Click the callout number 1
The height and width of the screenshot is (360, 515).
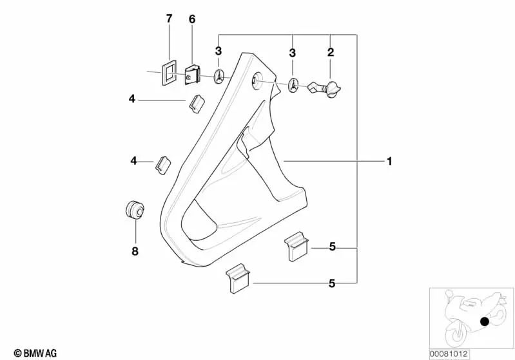point(389,161)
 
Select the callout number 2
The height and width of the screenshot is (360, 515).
point(331,51)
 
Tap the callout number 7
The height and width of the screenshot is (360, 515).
point(170,19)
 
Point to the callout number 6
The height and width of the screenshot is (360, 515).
point(191,19)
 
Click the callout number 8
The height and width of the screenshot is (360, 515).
point(135,251)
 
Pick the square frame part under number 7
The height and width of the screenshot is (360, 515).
point(168,71)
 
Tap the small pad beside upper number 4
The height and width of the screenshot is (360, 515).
point(196,102)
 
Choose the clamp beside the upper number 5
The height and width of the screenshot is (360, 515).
point(296,245)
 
